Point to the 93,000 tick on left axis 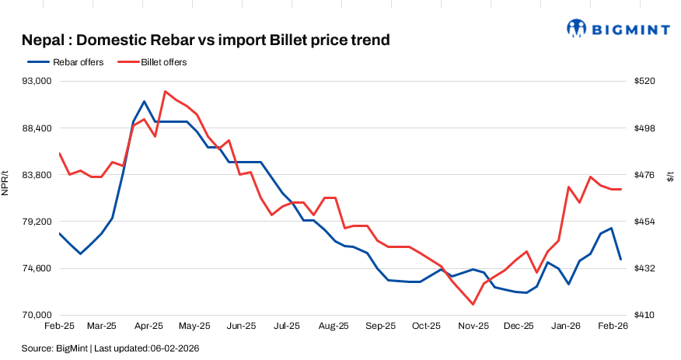point(35,81)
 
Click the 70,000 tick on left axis point(35,315)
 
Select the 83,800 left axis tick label point(35,175)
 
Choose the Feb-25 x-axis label point(58,327)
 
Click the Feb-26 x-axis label point(613,327)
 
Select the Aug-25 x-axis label point(334,327)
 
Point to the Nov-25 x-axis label point(473,327)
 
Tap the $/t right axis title point(671,178)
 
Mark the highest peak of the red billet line point(166,91)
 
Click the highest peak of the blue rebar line point(144,101)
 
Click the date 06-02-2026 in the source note point(175,348)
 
